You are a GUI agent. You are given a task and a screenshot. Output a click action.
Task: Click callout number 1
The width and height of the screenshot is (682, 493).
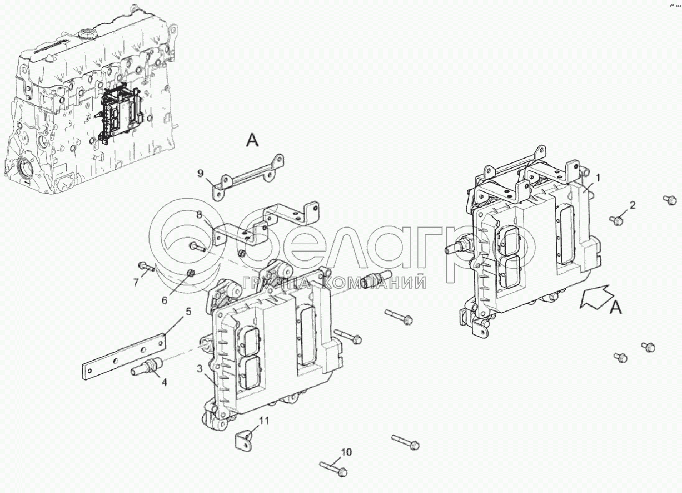click(598, 178)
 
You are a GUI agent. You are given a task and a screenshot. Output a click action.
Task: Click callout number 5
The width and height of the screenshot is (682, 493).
click(188, 312)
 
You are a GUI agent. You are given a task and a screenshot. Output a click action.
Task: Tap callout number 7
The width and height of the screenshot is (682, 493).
click(136, 282)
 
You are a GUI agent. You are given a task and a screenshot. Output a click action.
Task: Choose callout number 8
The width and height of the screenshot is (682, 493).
click(198, 213)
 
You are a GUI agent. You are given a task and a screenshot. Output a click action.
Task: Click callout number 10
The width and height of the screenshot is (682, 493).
click(346, 452)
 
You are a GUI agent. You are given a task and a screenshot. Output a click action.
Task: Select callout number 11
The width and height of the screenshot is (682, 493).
click(264, 420)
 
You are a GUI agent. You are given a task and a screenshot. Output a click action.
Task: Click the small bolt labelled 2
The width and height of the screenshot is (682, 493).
click(617, 220)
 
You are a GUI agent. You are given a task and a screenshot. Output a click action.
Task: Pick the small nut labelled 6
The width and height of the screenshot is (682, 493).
click(190, 272)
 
